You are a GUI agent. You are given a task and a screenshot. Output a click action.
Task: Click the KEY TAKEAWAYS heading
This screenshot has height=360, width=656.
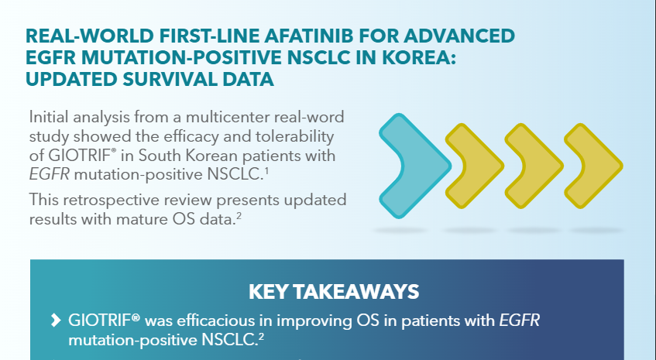(x=334, y=292)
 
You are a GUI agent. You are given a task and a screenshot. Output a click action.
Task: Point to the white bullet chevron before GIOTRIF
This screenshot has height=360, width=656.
(x=55, y=320)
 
